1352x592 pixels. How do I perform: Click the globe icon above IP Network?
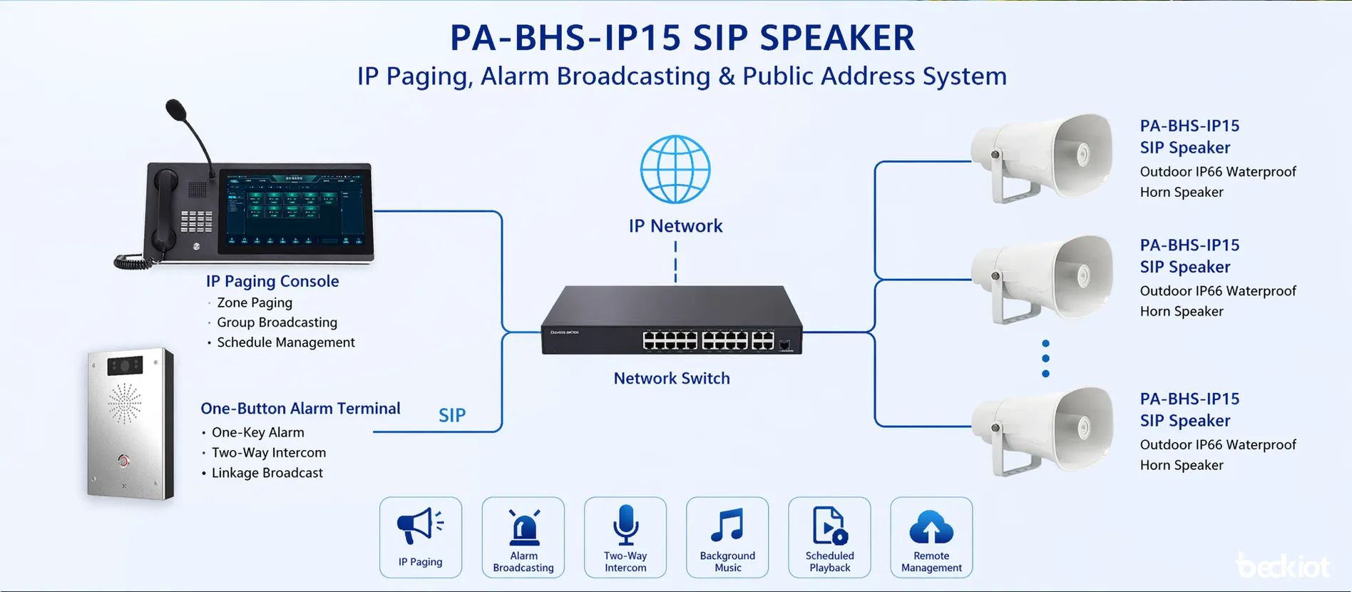[675, 170]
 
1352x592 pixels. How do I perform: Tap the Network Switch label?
[672, 379]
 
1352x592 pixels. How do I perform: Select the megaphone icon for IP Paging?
[420, 526]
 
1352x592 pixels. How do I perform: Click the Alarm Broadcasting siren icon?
[523, 529]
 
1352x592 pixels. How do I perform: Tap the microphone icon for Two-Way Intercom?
[625, 525]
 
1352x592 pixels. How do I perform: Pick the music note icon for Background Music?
[727, 526]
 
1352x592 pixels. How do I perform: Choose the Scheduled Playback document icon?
[829, 526]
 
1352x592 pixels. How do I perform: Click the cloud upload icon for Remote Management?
[931, 527]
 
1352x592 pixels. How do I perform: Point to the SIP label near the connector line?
[452, 415]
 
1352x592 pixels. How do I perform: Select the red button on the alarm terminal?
[124, 461]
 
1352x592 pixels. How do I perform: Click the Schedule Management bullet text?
[285, 342]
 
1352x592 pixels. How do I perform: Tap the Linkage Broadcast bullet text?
[267, 473]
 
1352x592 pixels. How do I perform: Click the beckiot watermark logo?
[1284, 566]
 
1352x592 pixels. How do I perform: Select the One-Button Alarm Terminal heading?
[300, 409]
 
